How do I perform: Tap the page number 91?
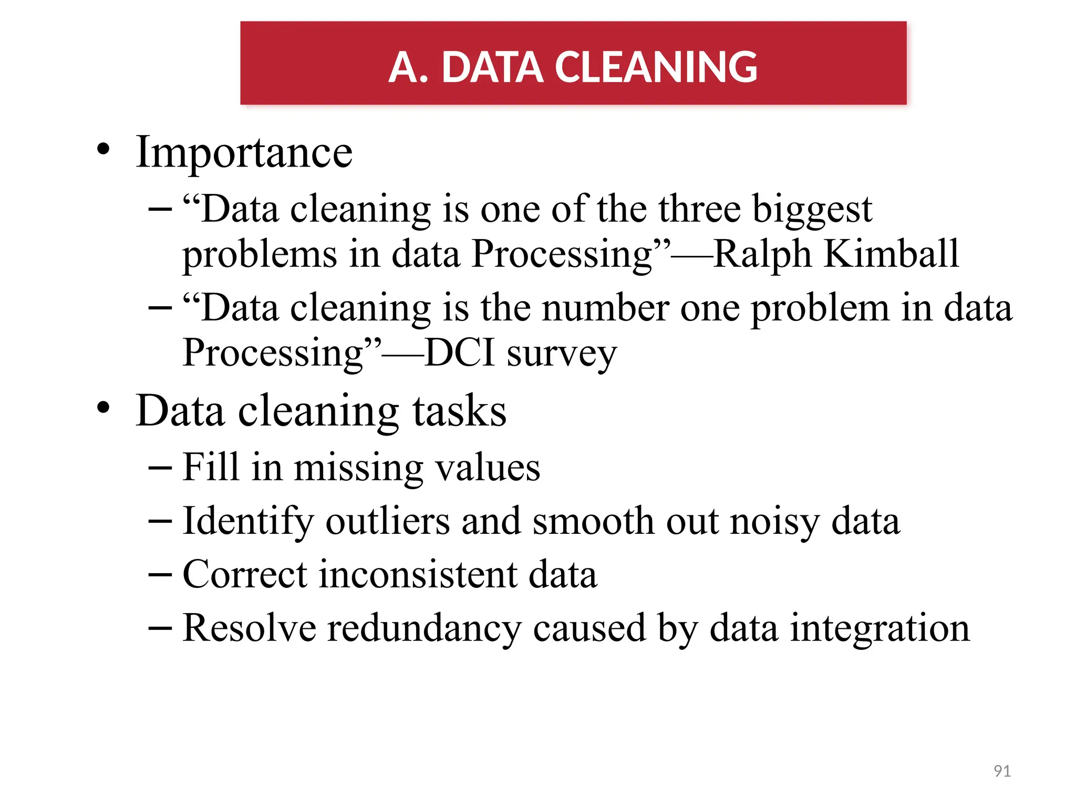point(1002,771)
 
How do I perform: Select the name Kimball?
point(891,254)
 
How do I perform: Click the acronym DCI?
point(460,353)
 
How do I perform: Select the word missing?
point(358,468)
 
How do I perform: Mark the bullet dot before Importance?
point(104,149)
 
